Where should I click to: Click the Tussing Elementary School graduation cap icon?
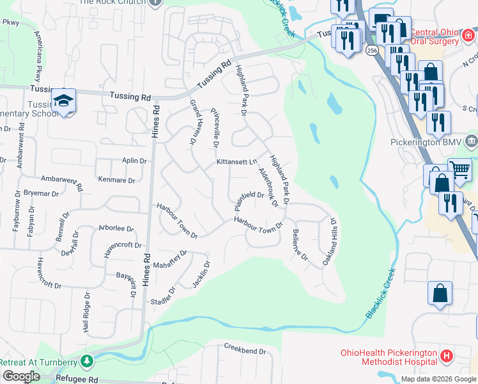(x=64, y=100)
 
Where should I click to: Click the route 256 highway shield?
(x=373, y=49)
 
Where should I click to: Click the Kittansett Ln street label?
(x=236, y=163)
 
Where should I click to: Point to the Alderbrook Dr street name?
(x=268, y=188)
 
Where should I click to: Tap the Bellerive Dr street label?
(x=300, y=246)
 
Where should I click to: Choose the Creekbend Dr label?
(x=244, y=351)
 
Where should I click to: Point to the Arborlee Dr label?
(x=116, y=228)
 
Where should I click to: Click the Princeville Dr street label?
(x=215, y=125)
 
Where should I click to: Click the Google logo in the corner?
(x=21, y=376)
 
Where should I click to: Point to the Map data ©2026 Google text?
(x=438, y=379)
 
